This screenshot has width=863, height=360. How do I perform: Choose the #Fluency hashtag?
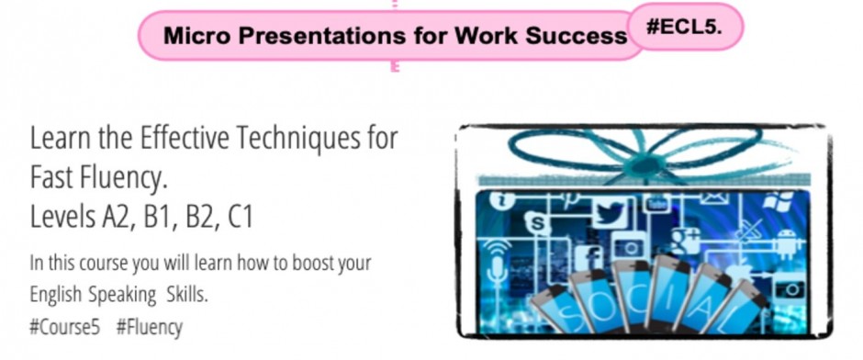[x=150, y=327]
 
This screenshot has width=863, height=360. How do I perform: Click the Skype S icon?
[x=537, y=223]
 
